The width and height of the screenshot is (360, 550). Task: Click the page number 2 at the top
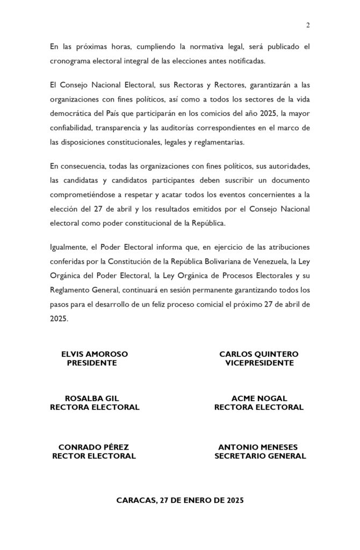point(308,25)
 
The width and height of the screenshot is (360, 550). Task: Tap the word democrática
point(73,114)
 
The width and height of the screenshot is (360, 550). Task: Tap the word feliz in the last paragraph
point(162,305)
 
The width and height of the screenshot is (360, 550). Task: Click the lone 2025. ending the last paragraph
point(59,319)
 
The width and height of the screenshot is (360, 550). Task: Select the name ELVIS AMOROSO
point(95,354)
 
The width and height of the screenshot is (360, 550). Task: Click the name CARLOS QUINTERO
point(259,354)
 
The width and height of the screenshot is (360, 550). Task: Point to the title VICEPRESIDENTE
point(259,363)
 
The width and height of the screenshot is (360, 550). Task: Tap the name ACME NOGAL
point(259,399)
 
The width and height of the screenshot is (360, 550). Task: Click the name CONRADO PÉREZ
point(93,447)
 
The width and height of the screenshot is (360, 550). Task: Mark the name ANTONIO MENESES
point(258,447)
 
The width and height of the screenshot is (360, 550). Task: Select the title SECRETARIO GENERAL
point(260,456)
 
